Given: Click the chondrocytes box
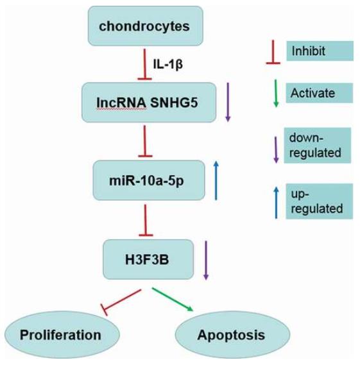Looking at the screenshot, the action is click(146, 26).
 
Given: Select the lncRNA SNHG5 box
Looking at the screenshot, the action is click(149, 103).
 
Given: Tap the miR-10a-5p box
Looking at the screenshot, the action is click(149, 180).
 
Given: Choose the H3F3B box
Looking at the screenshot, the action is click(148, 259).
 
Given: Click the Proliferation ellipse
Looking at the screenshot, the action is click(62, 335).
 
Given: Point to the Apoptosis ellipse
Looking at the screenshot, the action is click(233, 335).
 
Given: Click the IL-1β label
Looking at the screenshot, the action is click(168, 64).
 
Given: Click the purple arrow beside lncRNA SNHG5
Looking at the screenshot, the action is click(228, 102).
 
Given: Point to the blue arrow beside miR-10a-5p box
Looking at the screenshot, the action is click(216, 180).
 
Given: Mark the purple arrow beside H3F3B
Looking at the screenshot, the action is click(206, 260).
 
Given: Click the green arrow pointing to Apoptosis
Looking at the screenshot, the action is click(173, 300).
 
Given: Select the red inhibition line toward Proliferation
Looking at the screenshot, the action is click(121, 302).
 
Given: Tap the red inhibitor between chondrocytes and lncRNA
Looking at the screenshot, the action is click(144, 64).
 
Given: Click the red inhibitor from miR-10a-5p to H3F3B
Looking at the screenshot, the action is click(146, 220).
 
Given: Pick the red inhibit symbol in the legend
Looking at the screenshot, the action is click(273, 52).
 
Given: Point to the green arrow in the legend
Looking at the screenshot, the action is click(276, 94).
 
